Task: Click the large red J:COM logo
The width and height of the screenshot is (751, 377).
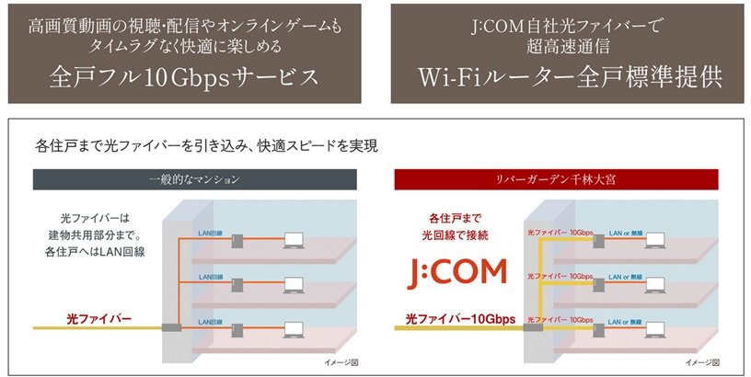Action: tap(456, 273)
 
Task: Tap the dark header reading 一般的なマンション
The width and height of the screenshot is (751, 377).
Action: tap(194, 179)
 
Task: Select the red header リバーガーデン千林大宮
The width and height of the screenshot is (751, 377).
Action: tap(556, 179)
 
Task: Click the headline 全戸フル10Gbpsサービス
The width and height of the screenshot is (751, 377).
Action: tap(184, 77)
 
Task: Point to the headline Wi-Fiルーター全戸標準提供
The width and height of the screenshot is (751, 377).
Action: tap(570, 77)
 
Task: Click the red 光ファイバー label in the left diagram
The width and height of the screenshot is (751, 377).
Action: tap(98, 319)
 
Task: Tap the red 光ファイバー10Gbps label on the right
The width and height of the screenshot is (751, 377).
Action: tap(460, 319)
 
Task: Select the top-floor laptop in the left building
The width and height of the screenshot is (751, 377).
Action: tap(294, 240)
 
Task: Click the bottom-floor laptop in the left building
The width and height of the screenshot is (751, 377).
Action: tap(294, 330)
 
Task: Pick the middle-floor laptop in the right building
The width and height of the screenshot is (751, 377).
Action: tap(654, 285)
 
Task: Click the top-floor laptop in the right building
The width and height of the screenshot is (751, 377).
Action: tap(654, 240)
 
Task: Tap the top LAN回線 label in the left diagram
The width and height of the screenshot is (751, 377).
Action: tap(210, 233)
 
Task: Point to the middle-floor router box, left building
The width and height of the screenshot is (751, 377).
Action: tap(237, 286)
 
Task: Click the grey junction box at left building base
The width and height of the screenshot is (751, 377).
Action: tap(171, 327)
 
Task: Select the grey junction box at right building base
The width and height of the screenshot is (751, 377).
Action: tap(533, 327)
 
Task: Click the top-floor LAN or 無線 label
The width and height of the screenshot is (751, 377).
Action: tap(626, 233)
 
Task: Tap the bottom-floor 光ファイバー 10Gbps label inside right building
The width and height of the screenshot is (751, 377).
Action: tap(560, 320)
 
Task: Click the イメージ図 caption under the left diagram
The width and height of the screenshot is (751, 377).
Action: tap(341, 362)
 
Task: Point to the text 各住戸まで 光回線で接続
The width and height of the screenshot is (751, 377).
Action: tap(455, 227)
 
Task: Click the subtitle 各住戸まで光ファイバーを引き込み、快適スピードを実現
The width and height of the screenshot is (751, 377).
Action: tap(206, 145)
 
